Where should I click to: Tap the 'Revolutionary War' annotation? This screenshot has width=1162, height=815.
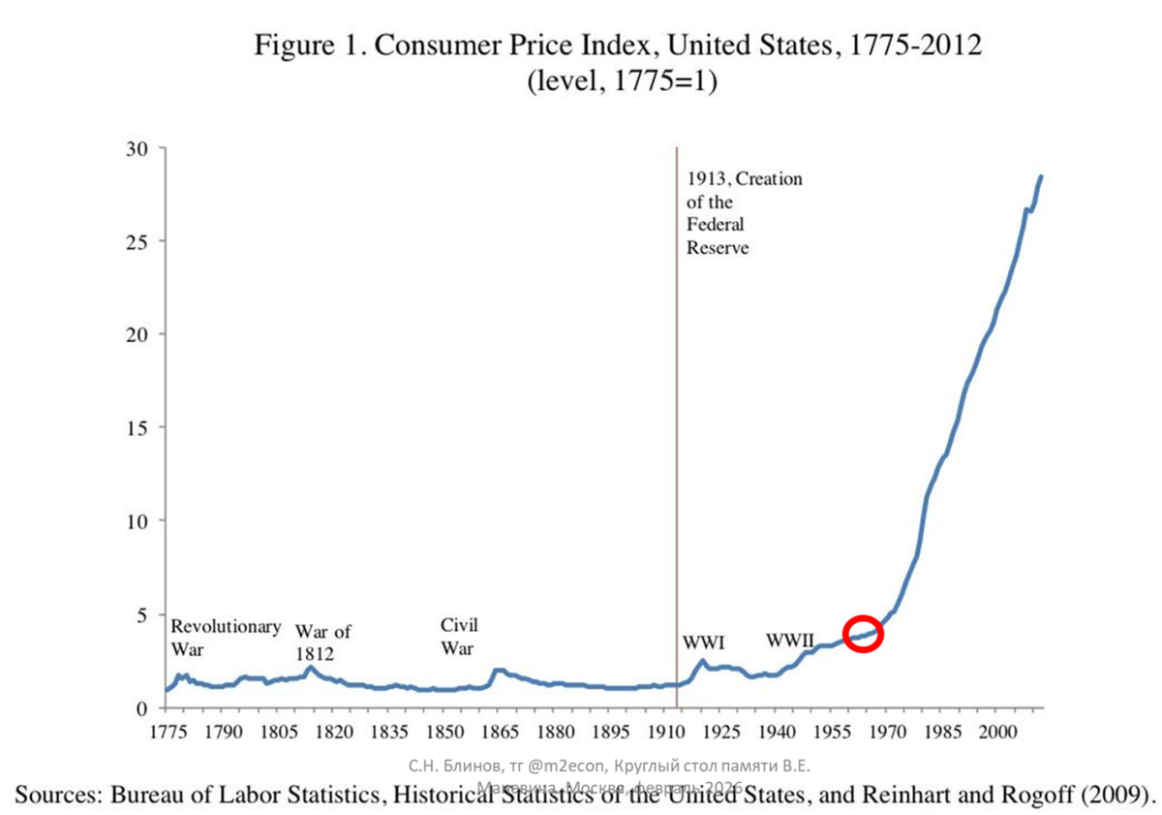pos(226,637)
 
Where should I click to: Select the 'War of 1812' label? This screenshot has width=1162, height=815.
pos(322,643)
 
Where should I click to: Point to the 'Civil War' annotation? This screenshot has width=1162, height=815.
pos(459,636)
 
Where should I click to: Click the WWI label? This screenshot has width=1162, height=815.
pos(704,642)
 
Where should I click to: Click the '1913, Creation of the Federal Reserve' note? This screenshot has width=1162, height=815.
pos(744,213)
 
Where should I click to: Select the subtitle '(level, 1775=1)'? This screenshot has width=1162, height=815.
pos(621,83)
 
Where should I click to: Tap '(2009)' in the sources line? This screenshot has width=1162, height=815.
pos(1120,797)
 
